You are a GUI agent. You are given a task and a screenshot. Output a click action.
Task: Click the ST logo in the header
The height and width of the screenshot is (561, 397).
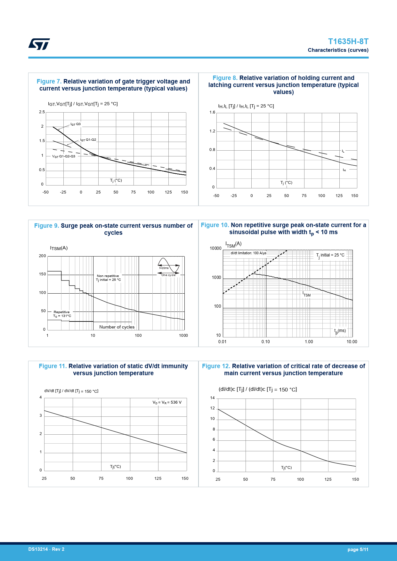[39, 44]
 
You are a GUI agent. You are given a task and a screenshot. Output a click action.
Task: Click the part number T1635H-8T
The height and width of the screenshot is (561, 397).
[348, 42]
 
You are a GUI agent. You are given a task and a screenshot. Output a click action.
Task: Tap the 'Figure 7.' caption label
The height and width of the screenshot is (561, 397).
[49, 82]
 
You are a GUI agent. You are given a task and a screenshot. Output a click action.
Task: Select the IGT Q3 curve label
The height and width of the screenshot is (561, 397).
[76, 124]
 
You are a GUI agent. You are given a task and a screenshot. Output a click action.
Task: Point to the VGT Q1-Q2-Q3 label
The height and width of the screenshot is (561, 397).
[64, 156]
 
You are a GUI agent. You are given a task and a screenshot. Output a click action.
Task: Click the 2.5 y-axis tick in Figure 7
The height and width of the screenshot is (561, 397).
[42, 112]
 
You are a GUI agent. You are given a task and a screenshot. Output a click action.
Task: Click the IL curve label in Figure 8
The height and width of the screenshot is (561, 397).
[343, 151]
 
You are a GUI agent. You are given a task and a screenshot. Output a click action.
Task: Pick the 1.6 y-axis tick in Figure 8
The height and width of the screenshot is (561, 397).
[212, 112]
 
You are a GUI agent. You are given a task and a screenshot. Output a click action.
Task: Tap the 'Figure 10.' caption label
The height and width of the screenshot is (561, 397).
[215, 225]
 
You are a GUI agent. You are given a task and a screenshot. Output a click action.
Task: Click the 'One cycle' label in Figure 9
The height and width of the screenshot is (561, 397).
[168, 275]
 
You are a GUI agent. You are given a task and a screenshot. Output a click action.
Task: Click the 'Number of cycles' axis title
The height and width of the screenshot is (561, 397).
[117, 327]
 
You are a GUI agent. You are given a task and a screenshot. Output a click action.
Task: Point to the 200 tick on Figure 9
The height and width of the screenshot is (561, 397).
[42, 256]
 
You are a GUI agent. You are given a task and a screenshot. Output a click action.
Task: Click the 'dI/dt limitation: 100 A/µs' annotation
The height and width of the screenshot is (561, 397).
[248, 253]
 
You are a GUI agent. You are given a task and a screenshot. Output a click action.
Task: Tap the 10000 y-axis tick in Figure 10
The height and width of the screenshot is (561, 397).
[215, 249]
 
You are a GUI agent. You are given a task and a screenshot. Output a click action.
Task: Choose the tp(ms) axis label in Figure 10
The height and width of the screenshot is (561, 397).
[340, 331]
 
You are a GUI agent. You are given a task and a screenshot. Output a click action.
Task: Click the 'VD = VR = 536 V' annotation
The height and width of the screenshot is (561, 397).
[167, 402]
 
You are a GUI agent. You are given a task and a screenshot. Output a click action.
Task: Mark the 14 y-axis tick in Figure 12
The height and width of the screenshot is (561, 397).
[212, 398]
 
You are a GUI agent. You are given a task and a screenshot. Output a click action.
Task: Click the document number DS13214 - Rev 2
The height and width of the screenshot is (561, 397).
[46, 549]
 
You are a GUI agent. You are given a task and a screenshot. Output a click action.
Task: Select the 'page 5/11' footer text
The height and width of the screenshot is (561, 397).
[358, 549]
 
